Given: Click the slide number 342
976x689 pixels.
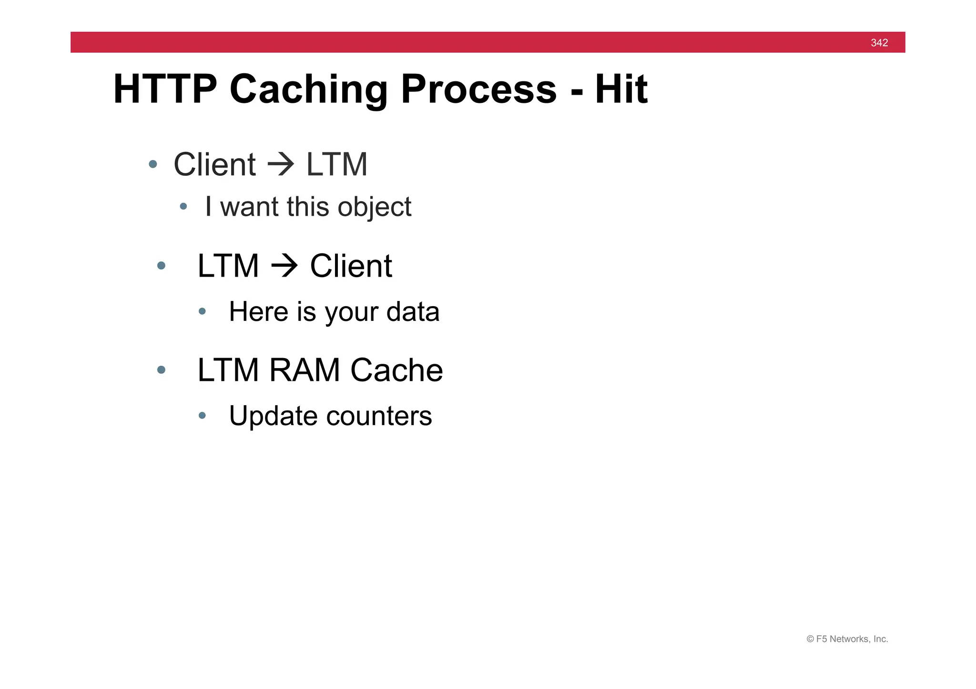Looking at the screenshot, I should [879, 43].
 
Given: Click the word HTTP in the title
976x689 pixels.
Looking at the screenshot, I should [165, 89].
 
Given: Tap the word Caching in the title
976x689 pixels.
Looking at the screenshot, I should [308, 89].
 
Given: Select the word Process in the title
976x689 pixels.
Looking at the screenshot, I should [478, 89].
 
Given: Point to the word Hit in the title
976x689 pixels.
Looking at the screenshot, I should [621, 89].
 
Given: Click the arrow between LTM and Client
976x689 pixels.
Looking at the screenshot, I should [285, 266].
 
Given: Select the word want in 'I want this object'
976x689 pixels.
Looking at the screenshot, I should [249, 208].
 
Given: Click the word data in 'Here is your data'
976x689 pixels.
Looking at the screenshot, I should [413, 312].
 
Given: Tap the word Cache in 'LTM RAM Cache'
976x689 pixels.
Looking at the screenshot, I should [396, 370].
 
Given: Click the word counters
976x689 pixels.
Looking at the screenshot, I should [379, 416].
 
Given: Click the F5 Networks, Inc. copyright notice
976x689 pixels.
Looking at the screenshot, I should [847, 639].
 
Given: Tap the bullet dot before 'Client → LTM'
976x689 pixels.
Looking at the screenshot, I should [153, 165].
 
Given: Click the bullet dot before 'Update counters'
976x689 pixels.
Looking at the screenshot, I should [202, 416].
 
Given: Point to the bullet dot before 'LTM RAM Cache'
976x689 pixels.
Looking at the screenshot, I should [161, 370].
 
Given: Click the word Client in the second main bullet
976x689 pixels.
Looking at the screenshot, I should [351, 266].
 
